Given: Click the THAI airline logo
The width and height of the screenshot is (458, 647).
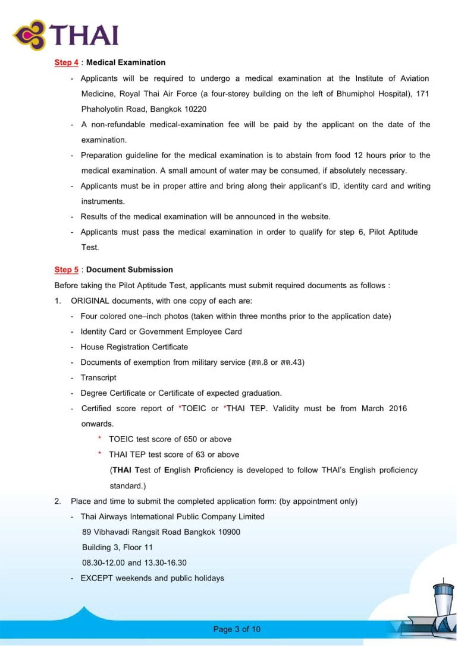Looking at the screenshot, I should click(65, 34).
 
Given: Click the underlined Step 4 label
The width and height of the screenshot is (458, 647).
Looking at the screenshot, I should click(66, 62).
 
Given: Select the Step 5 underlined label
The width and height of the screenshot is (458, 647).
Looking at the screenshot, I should click(66, 270).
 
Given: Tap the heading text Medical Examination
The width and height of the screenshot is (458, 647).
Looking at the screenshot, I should click(126, 62).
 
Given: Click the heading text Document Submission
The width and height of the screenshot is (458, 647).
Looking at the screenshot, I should click(130, 270).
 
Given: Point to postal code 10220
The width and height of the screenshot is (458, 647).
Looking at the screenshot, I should click(195, 109).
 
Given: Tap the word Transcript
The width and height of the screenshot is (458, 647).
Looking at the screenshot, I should click(98, 378).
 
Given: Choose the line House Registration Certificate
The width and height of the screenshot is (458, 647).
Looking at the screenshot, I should click(134, 347).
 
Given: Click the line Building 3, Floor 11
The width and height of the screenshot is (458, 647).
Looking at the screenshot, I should click(117, 547).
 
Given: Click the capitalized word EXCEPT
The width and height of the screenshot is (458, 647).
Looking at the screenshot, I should click(97, 578).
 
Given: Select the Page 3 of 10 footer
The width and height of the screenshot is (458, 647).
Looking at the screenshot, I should click(237, 630).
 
